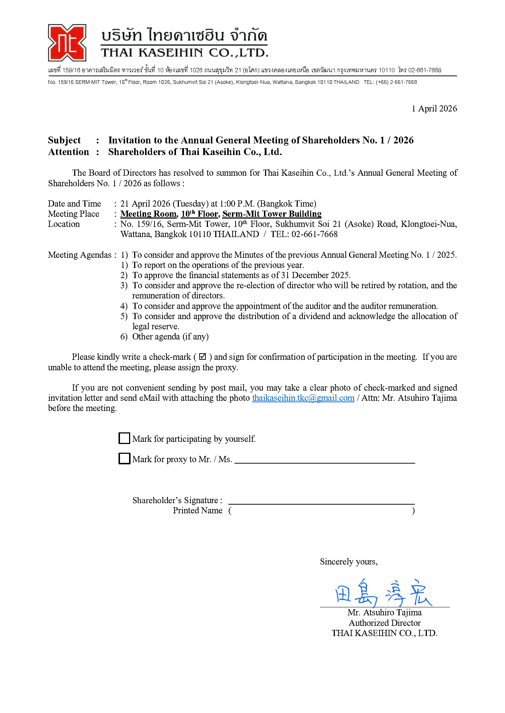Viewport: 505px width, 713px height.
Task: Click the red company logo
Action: pos(67,43)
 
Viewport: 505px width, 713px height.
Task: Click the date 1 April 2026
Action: pos(434,109)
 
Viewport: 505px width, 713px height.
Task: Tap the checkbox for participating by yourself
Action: pos(124,438)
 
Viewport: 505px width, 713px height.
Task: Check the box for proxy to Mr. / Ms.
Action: pos(124,459)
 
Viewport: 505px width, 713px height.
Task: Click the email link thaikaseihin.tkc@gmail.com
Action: pos(303,398)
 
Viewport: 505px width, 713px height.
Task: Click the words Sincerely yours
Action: pos(349,562)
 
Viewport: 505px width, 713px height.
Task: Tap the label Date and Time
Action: pos(75,204)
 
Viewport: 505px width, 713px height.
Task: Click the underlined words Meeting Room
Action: pos(149,214)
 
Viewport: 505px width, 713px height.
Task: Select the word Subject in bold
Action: pos(64,140)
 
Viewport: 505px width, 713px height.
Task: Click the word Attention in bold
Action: pos(68,152)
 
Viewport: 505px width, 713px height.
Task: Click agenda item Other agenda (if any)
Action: pos(170,337)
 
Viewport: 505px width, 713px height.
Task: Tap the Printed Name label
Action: pos(197,510)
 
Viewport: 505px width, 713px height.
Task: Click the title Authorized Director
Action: pos(385,623)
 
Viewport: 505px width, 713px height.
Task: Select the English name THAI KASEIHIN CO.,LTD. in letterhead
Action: pos(184,53)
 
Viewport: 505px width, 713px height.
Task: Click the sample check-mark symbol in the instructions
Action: pos(203,357)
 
